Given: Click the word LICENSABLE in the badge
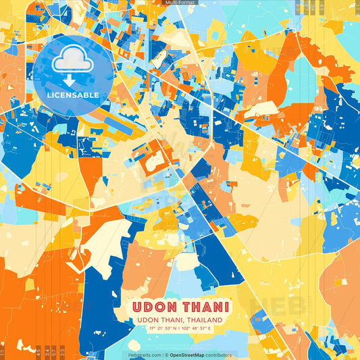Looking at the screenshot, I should [73, 95].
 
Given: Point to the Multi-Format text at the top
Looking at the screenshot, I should [180, 3].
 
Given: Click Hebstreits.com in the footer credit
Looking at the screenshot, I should [144, 355].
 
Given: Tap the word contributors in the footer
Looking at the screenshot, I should [219, 355].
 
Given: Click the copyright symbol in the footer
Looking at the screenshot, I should [165, 355].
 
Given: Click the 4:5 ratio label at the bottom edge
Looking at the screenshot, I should [38, 351].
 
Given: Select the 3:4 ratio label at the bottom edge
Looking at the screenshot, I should [46, 351].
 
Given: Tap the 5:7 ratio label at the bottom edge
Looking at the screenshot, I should [55, 351].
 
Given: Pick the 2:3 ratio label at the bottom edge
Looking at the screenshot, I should [63, 351].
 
